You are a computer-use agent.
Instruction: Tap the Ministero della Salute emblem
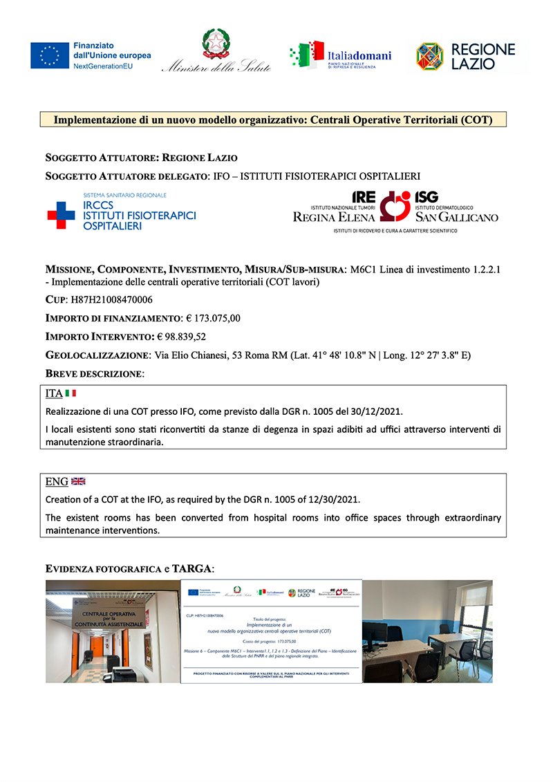point(216,44)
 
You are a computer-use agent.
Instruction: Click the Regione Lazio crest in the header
point(429,57)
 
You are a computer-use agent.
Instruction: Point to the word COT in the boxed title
point(477,120)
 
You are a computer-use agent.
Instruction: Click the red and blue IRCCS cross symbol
point(61,215)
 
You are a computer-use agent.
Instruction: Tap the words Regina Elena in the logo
point(334,217)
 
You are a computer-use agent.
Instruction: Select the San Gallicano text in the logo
point(456,217)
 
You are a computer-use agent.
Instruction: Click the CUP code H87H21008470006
point(112,301)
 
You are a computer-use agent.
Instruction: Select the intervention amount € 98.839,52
point(181,337)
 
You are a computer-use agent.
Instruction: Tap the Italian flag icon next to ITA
point(71,393)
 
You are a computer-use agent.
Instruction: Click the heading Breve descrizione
point(95,373)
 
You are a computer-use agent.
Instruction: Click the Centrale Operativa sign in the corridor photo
point(114,618)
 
